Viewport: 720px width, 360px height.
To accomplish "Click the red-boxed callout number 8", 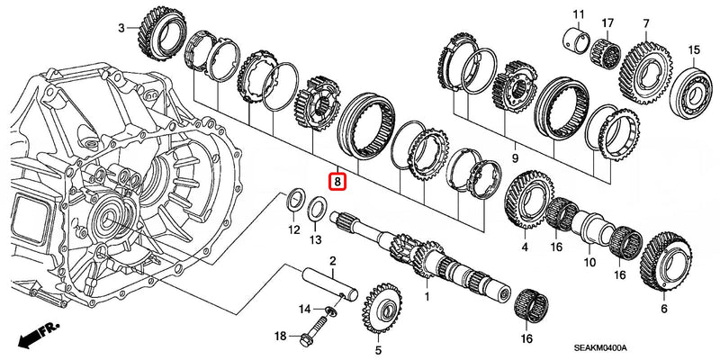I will (x=337, y=181).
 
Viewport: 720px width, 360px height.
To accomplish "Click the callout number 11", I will (x=579, y=13).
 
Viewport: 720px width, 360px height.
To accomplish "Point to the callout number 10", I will (x=589, y=263).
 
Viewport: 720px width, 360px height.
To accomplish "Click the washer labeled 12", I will (x=293, y=201).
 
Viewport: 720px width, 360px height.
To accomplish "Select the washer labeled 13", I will (x=316, y=210).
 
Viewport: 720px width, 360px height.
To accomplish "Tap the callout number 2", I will (x=332, y=262).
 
